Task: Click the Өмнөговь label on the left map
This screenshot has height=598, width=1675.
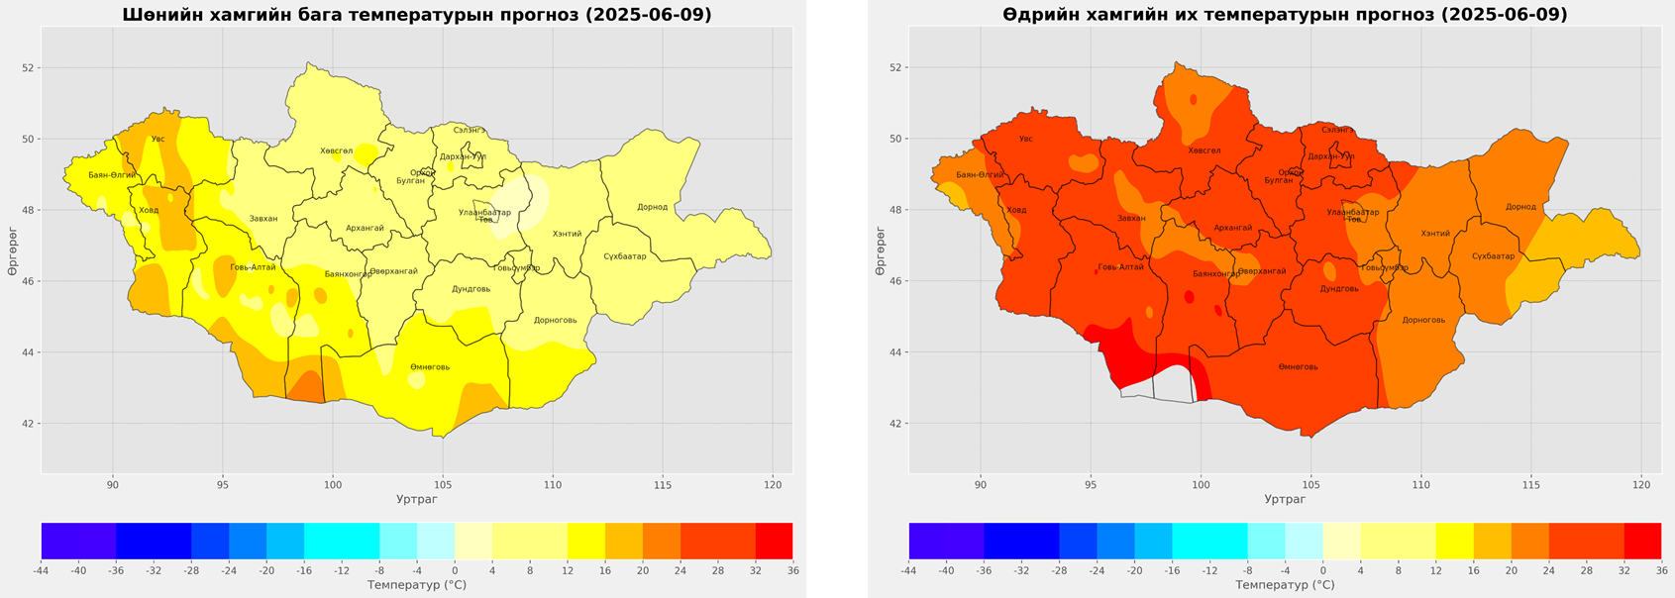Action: [x=430, y=367]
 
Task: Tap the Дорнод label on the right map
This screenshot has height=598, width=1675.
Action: [x=1520, y=207]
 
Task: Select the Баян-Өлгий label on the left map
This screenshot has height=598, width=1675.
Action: [x=112, y=175]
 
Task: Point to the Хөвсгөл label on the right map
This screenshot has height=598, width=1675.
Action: [x=1204, y=151]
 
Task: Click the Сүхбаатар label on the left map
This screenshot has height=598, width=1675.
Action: [x=625, y=256]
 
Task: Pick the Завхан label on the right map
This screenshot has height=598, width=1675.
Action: [x=1131, y=219]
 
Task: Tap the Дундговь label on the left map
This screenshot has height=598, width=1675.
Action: [x=471, y=289]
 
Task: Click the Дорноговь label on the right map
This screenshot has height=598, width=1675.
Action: [x=1423, y=320]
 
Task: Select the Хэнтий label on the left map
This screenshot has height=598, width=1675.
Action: [x=568, y=234]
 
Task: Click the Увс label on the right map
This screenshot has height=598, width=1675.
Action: [x=1026, y=139]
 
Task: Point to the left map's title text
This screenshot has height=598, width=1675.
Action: [x=417, y=15]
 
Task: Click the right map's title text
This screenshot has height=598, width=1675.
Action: [x=1285, y=15]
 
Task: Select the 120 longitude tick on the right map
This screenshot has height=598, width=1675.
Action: [x=1641, y=484]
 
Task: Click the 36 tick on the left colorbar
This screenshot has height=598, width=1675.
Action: [x=792, y=570]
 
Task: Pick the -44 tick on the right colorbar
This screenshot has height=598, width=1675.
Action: [x=908, y=570]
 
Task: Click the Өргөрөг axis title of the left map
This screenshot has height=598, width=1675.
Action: [x=13, y=251]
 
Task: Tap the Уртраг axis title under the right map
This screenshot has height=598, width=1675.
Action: [x=1285, y=499]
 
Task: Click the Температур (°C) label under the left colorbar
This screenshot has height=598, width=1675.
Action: [x=417, y=585]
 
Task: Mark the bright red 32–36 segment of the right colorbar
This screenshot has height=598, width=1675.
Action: [x=1641, y=541]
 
